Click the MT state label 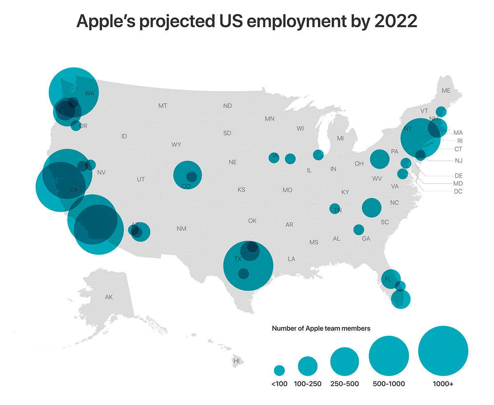(x=163, y=106)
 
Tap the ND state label (x=227, y=106)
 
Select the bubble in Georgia (x=359, y=229)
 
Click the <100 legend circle (x=280, y=370)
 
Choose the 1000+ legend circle (x=443, y=351)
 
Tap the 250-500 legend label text (x=345, y=384)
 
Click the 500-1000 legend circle (x=389, y=356)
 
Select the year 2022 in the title (x=395, y=21)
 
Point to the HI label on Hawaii (x=236, y=361)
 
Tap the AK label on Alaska (x=109, y=297)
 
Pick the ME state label (x=446, y=91)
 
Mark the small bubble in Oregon (x=76, y=125)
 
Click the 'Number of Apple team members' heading (x=321, y=329)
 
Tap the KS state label (x=241, y=190)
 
